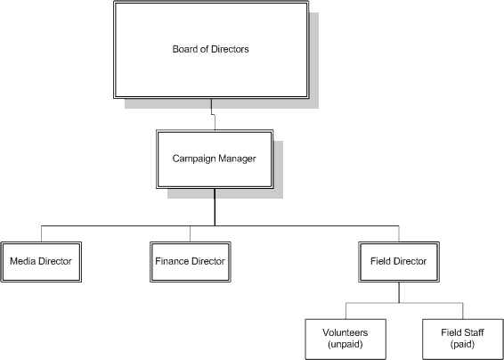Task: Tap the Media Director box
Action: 41,262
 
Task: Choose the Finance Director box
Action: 190,262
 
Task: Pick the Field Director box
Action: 398,262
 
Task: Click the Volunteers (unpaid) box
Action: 345,338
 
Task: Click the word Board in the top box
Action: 185,49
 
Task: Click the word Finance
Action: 172,262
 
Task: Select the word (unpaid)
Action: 345,344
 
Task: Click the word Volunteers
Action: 345,331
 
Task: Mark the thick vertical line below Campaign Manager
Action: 214,207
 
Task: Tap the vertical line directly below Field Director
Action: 398,293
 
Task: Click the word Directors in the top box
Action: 228,49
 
